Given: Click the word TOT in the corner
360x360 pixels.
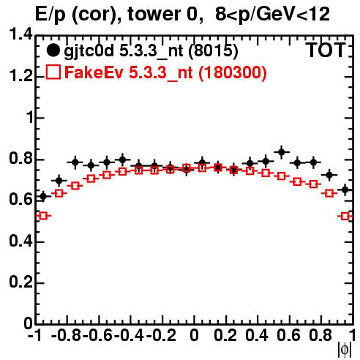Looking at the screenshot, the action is click(x=326, y=50).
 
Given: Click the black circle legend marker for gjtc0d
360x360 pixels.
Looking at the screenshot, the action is click(x=53, y=50).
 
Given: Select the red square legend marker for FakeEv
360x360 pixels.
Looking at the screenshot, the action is click(x=53, y=72).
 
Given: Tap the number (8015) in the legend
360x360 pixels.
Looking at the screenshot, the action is click(x=213, y=50).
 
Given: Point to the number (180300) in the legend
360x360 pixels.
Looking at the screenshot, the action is click(x=233, y=72).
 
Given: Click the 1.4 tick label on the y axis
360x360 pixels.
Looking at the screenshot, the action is click(x=20, y=34).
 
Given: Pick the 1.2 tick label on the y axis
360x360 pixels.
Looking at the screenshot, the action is click(x=20, y=76).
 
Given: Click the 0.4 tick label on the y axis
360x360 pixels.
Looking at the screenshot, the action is click(x=20, y=241).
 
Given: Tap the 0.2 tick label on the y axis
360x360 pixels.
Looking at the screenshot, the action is click(x=20, y=282).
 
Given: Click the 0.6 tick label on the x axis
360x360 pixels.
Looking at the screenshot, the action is click(x=288, y=335).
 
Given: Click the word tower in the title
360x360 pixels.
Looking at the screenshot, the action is click(x=154, y=14).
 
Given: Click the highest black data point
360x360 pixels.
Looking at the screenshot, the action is click(x=282, y=152).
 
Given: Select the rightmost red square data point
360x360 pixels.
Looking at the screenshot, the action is click(x=345, y=216).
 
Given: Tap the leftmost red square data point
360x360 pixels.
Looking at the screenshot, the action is click(x=43, y=216).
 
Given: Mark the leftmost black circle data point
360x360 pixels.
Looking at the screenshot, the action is click(x=43, y=196).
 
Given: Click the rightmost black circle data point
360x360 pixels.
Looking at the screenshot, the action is click(x=345, y=190).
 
